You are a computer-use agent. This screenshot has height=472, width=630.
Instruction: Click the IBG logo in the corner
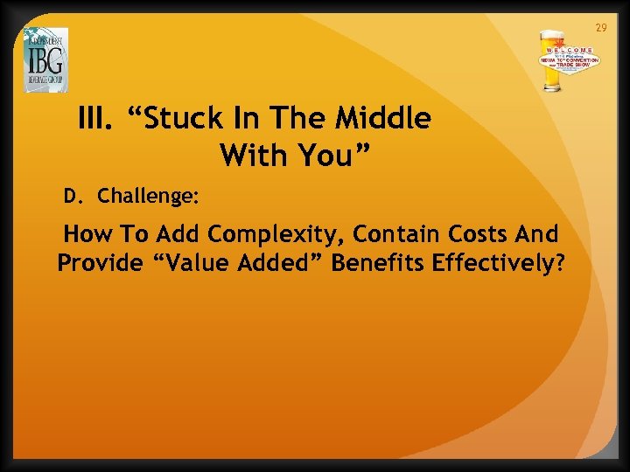pyautogui.click(x=45, y=59)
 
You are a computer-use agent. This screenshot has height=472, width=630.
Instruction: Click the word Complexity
pyautogui.click(x=268, y=236)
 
